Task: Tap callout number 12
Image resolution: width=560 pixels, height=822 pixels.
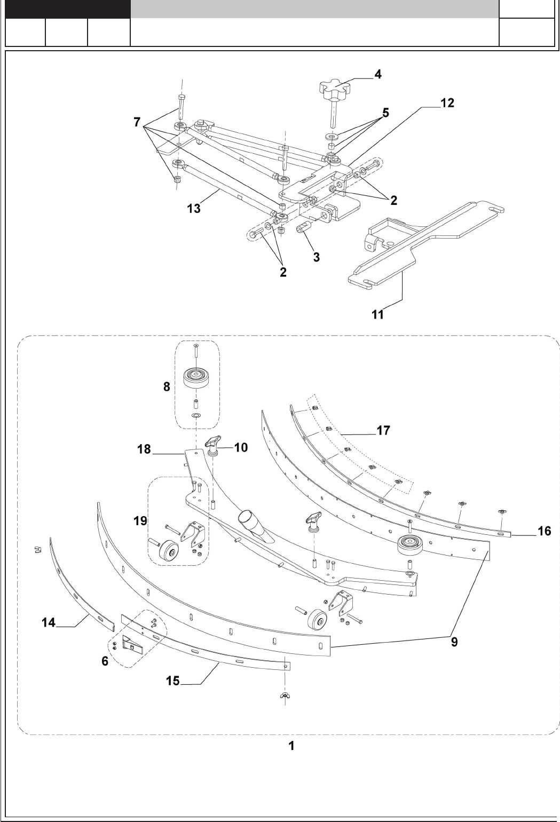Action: coord(447,103)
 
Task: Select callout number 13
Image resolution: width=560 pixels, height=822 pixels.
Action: coord(194,209)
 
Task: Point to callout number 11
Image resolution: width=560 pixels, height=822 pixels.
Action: coord(378,314)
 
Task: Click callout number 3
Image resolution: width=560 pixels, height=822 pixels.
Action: coord(317,257)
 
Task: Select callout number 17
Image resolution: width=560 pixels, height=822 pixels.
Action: coord(383,430)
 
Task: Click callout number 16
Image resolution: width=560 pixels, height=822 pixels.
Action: coord(544,532)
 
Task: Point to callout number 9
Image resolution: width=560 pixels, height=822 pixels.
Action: coord(454,643)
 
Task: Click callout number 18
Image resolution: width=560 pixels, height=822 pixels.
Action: coord(144,450)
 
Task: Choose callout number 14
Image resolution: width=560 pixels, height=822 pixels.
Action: coord(49,622)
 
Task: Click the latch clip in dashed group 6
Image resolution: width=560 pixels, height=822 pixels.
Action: coord(130,646)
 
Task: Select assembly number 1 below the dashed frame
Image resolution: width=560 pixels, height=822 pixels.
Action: coord(291,746)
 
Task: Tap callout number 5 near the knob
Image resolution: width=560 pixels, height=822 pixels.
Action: coord(385,113)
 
